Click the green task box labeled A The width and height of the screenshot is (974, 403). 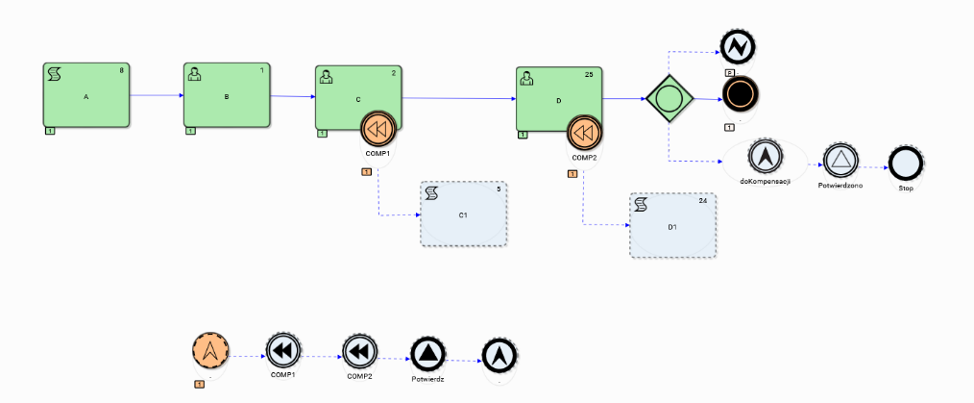pos(85,95)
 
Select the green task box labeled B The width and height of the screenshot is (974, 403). pos(227,95)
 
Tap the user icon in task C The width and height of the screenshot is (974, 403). pos(326,76)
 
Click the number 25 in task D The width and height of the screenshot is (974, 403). pos(590,74)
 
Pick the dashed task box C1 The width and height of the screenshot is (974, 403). pos(463,214)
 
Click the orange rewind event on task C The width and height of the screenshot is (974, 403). pos(378,128)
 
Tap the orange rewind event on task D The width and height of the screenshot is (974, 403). pos(585,132)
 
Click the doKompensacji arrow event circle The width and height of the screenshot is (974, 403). pos(765,157)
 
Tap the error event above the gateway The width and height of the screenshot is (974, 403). pos(738,44)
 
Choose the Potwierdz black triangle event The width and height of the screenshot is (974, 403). pos(426,354)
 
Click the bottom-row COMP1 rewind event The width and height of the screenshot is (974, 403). pos(282,351)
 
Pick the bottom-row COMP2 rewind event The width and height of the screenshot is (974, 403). pos(358,351)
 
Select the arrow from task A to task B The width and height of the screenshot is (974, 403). pos(156,95)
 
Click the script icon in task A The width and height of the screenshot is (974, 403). pos(55,74)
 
